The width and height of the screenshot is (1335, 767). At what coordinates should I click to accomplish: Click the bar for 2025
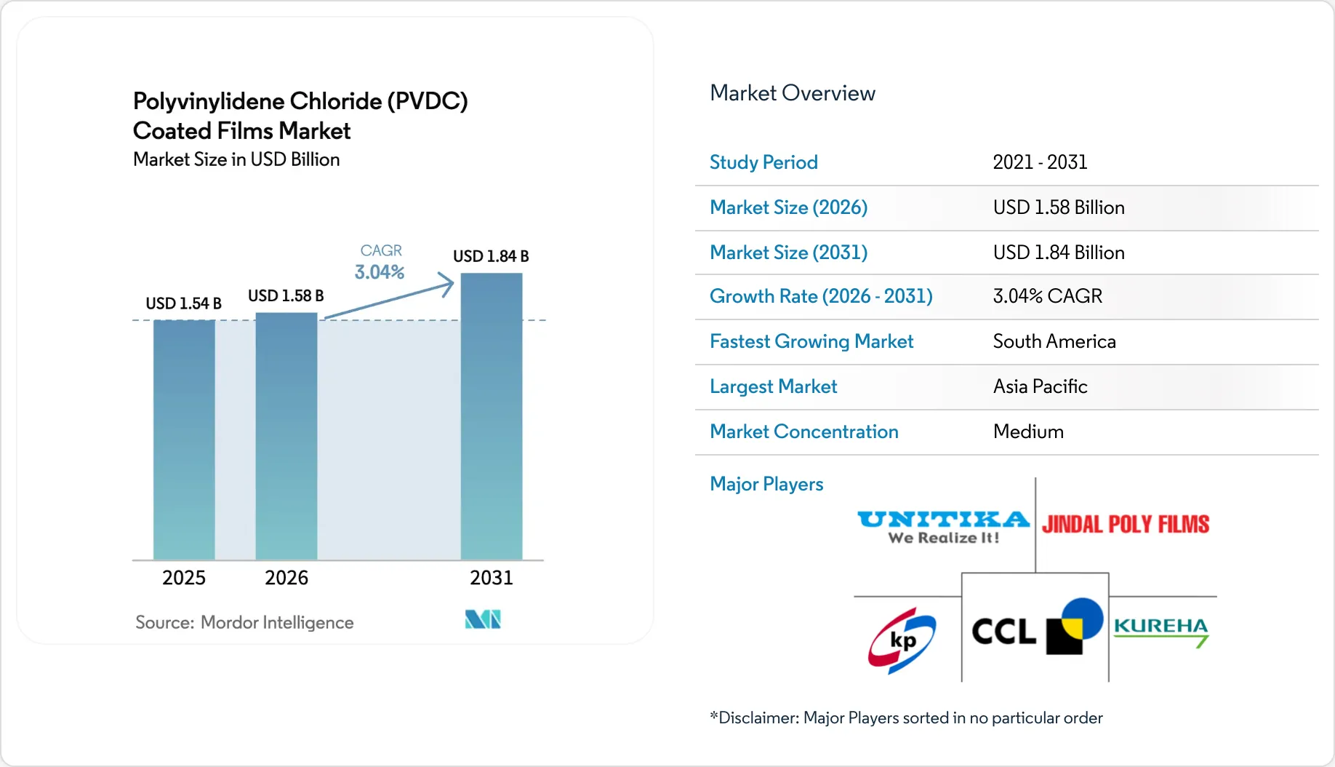[x=184, y=440]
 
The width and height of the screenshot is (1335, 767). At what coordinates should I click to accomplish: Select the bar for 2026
[x=286, y=436]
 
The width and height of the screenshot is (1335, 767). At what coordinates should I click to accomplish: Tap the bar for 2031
[x=492, y=416]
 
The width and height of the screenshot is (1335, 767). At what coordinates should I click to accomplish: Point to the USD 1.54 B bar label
[x=183, y=303]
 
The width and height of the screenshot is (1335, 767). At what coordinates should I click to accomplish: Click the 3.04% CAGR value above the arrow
[x=379, y=272]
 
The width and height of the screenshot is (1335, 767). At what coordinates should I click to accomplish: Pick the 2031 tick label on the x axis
[x=492, y=578]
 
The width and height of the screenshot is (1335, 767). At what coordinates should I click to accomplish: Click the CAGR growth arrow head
[x=446, y=283]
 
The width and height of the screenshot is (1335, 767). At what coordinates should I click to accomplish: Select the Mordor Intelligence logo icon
[x=483, y=619]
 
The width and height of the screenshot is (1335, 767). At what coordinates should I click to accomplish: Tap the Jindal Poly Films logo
[x=1125, y=524]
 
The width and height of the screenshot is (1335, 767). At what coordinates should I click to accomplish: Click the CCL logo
[x=1036, y=627]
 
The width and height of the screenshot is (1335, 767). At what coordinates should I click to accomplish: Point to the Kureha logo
[x=1161, y=630]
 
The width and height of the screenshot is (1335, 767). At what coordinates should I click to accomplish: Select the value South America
[x=1054, y=341]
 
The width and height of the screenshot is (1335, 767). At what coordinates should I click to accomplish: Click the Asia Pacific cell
[x=1040, y=386]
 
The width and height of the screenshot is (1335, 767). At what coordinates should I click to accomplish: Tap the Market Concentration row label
[x=803, y=432]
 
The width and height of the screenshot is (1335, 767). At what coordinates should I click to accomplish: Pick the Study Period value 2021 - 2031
[x=1040, y=162]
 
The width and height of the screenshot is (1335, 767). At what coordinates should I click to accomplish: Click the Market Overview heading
[x=793, y=93]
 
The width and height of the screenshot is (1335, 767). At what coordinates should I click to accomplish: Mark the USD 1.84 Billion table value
[x=1059, y=253]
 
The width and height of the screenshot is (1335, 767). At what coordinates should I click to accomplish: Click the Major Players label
[x=766, y=484]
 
